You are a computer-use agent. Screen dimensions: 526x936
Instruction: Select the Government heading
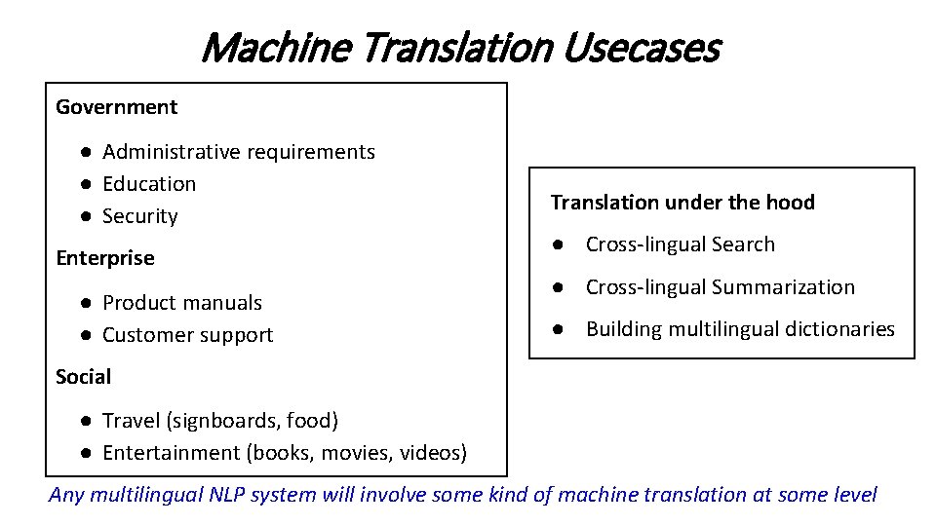(117, 107)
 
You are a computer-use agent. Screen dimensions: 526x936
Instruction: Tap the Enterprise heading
(105, 258)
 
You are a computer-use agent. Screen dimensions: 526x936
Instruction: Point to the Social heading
(84, 377)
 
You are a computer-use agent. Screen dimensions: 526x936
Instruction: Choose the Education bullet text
(149, 184)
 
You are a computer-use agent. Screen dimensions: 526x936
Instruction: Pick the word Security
(140, 216)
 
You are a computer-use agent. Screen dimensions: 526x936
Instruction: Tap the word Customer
(146, 335)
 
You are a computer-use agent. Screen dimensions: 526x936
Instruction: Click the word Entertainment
(172, 453)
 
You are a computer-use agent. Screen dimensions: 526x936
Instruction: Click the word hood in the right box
(791, 203)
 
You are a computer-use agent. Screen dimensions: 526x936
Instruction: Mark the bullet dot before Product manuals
(87, 303)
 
